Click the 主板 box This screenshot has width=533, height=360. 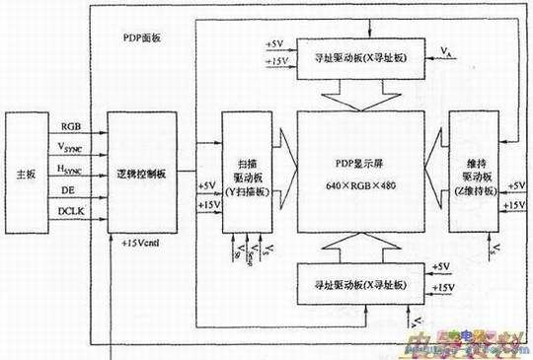pos(28,171)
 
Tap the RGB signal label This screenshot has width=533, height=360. pos(71,127)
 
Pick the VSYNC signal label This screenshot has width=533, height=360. pos(73,148)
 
